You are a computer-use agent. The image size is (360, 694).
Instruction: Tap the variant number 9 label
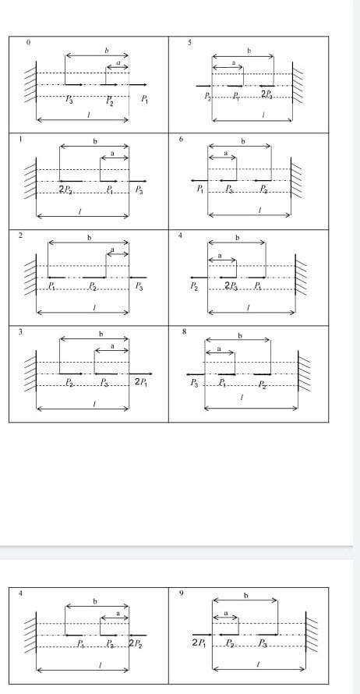click(x=182, y=593)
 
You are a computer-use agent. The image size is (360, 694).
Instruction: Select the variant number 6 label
click(x=182, y=139)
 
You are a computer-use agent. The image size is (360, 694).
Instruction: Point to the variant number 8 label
click(x=184, y=331)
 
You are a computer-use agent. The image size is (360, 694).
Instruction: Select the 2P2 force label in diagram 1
click(x=66, y=189)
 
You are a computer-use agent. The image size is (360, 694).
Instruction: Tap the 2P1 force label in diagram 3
click(x=142, y=383)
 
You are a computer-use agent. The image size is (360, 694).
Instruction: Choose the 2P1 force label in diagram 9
click(x=199, y=643)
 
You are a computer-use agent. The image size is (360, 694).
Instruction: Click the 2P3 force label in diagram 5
click(x=267, y=94)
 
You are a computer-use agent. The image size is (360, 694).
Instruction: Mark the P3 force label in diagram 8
click(x=194, y=383)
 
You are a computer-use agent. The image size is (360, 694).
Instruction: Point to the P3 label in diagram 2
click(x=139, y=286)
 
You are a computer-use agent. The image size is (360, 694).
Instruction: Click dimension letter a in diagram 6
click(x=225, y=154)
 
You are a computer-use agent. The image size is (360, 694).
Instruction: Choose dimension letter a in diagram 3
click(x=112, y=346)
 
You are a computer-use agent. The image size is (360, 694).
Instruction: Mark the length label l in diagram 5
click(x=265, y=115)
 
